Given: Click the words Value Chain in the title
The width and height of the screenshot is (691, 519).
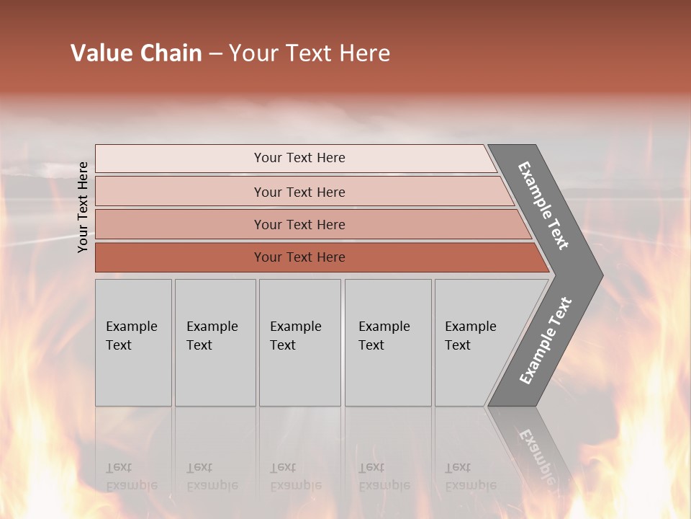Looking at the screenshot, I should click(136, 53).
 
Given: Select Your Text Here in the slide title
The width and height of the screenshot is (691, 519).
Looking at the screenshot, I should click(310, 53).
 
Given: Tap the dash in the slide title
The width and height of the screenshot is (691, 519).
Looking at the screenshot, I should click(215, 54).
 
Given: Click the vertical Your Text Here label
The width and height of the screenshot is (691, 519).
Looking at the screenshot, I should click(83, 207).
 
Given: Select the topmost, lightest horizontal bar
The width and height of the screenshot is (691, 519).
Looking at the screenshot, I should click(299, 158).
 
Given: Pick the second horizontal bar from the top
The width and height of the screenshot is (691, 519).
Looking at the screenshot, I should click(299, 192).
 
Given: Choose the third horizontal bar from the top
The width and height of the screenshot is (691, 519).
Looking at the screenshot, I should click(299, 224).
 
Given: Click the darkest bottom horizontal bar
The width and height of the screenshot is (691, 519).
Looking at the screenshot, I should click(299, 257).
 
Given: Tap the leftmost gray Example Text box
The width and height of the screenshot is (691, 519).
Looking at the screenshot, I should click(132, 336).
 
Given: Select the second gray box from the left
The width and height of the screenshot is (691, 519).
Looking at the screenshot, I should click(214, 336).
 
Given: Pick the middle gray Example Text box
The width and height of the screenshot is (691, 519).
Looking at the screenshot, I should click(299, 336).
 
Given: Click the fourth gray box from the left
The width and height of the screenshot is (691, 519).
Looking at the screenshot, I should click(387, 336).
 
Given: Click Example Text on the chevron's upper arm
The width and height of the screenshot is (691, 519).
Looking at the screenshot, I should click(543, 205).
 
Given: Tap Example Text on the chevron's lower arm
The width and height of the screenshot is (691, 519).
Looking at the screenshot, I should click(546, 341).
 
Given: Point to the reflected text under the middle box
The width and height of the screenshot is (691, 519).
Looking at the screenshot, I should click(295, 476).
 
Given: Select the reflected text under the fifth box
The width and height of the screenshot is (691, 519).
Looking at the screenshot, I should click(470, 476).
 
